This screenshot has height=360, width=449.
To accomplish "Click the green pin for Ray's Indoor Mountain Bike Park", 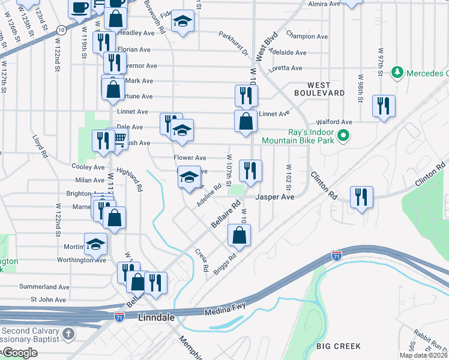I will coord(343,136).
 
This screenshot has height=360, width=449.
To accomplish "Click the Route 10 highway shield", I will coord(61,29).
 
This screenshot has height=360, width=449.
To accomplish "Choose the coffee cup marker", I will coord(79,8).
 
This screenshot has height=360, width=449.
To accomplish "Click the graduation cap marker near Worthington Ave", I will coord(95,244).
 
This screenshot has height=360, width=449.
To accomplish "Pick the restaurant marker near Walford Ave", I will coord(382,106).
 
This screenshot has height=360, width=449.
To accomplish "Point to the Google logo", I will coord(19,353).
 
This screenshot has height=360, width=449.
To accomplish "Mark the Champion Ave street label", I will coord(307,37).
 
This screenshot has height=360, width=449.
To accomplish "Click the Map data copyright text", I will coord(424,355).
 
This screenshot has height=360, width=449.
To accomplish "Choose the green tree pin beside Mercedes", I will coord(396,73).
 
